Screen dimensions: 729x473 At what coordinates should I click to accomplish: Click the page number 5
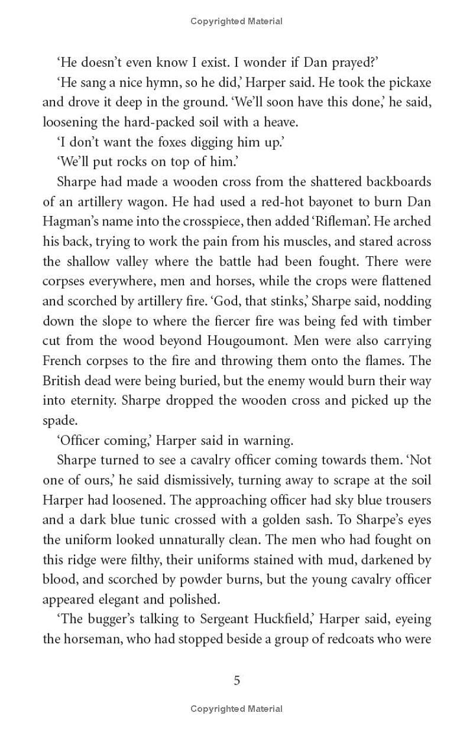coord(237,680)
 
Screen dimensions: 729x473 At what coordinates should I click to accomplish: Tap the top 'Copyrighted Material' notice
coord(237,21)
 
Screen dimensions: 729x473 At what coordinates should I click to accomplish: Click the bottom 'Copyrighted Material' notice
coord(237,708)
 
